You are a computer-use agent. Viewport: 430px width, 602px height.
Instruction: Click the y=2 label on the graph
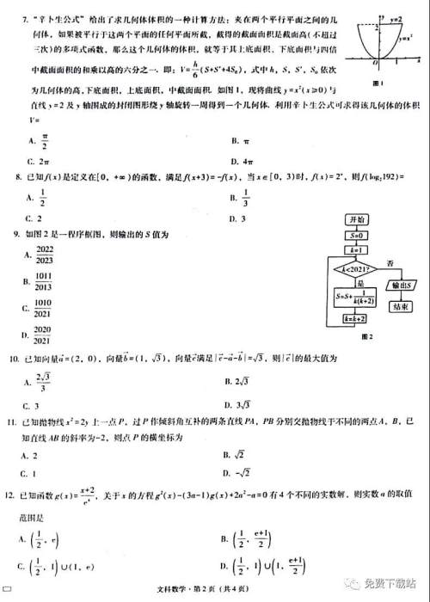coord(396,17)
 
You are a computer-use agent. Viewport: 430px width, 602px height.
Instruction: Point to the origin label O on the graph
coord(374,64)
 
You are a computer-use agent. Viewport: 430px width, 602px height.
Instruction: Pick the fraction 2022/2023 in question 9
coord(43,255)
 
